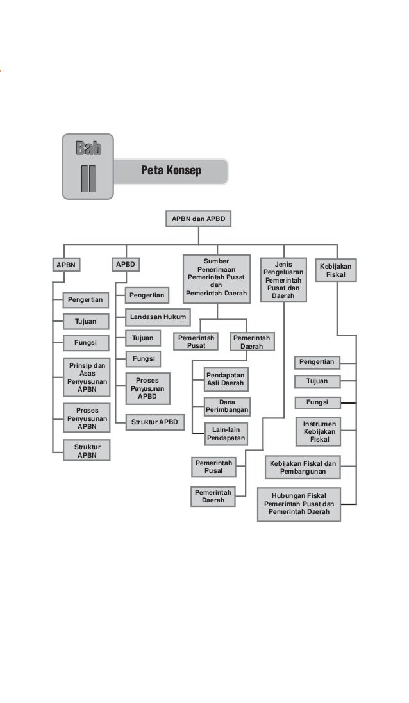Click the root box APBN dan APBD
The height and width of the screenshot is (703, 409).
[198, 219]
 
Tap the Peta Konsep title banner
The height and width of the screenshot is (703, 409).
[171, 171]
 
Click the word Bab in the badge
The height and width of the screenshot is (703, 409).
[88, 149]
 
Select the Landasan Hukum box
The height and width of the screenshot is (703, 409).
[158, 317]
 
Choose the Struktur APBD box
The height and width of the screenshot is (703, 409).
[154, 422]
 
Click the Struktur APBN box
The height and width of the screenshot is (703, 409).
[87, 451]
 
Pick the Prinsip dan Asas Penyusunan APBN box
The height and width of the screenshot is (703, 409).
[87, 377]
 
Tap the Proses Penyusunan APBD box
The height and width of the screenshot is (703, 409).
[147, 388]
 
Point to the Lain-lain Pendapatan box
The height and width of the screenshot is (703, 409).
[226, 434]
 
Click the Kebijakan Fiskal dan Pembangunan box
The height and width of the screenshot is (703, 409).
[303, 467]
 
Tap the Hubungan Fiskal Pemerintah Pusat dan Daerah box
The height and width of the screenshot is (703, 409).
[299, 504]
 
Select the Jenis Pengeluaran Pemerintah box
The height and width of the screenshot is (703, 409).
[283, 280]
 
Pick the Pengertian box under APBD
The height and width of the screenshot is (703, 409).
[147, 295]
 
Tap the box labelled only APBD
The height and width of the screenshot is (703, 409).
[126, 264]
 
